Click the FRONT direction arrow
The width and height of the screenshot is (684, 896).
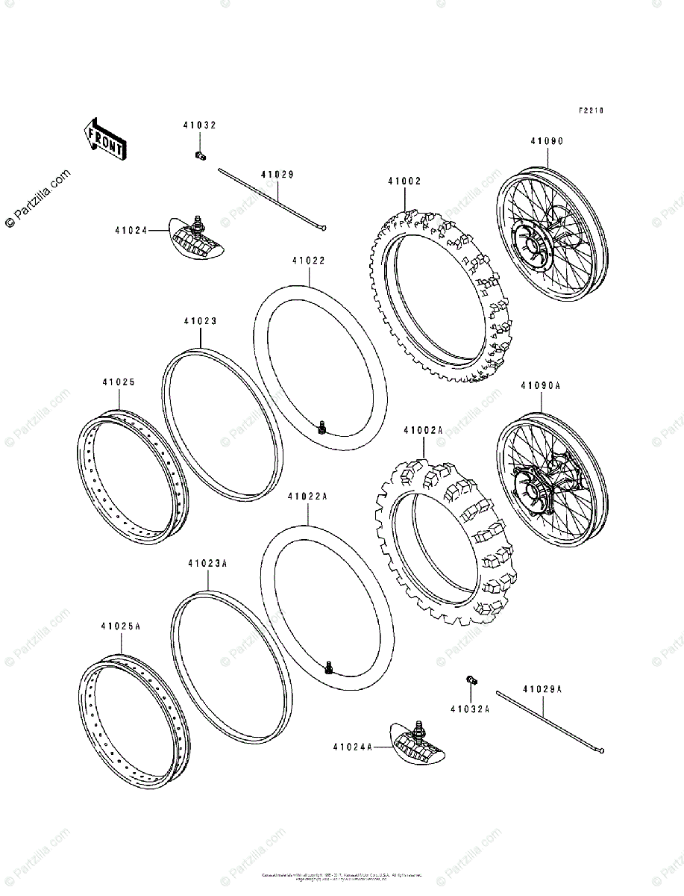(x=104, y=139)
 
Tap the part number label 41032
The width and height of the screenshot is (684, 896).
(x=199, y=125)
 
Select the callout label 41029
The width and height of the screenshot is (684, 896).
(x=277, y=175)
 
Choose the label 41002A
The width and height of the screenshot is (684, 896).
(x=423, y=431)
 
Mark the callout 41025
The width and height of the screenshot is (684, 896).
(x=119, y=382)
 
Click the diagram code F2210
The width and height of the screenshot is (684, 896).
(x=591, y=111)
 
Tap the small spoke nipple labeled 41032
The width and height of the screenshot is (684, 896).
(x=200, y=155)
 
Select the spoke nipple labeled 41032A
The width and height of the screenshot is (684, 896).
(x=471, y=679)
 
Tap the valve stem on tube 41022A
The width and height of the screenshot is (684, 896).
(x=329, y=666)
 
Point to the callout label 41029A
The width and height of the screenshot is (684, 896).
(x=543, y=690)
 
